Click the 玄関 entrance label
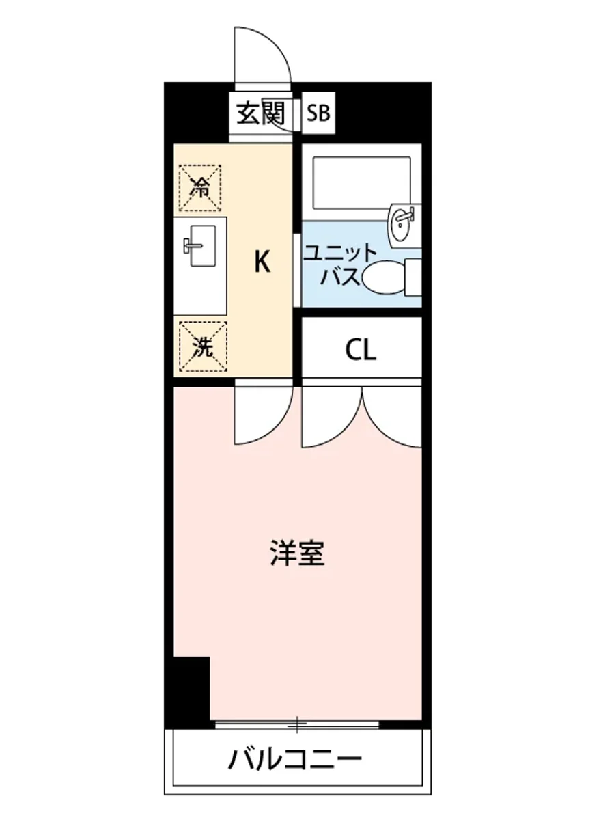(x=260, y=113)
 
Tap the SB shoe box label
(x=318, y=113)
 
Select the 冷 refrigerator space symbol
(x=200, y=186)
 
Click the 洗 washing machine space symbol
(x=200, y=347)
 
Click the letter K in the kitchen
(x=262, y=262)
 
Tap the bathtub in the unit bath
(x=361, y=182)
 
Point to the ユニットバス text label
(x=339, y=264)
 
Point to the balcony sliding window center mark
(x=297, y=722)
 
